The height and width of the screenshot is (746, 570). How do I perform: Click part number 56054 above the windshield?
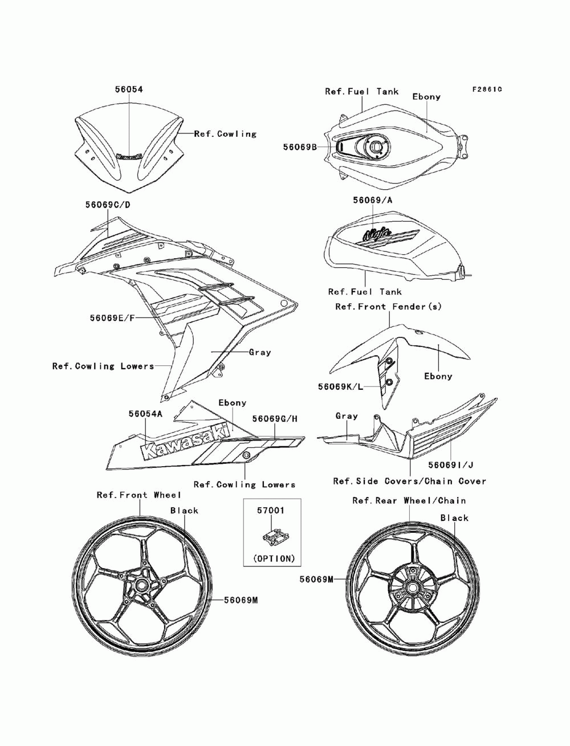[x=129, y=89]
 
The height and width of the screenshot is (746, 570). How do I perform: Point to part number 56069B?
[x=300, y=147]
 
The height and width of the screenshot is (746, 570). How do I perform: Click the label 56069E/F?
[x=112, y=317]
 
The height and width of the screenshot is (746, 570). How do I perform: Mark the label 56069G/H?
[x=275, y=419]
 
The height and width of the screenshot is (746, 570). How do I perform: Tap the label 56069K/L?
[x=340, y=386]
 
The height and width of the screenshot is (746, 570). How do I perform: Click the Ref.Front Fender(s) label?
[x=388, y=307]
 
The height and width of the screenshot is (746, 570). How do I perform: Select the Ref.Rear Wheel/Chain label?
[x=409, y=500]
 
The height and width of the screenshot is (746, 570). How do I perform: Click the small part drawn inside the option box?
[x=272, y=538]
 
